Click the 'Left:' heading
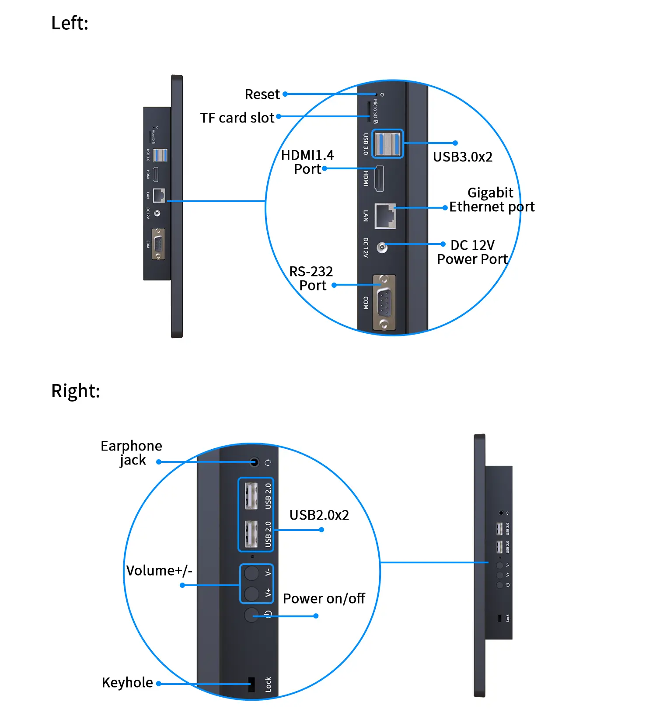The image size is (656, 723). (70, 23)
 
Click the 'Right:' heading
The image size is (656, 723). (75, 391)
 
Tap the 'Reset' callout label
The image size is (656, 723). (262, 94)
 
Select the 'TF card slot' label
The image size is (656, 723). (237, 118)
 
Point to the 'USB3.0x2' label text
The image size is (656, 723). (462, 157)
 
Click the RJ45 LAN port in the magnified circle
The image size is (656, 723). (385, 216)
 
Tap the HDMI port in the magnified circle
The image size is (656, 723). (379, 178)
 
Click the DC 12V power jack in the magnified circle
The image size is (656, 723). (382, 248)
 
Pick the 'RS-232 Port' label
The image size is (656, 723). (311, 279)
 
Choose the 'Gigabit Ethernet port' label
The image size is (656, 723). (492, 200)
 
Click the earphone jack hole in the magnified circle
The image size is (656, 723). (255, 462)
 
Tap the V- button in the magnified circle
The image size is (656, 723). (251, 573)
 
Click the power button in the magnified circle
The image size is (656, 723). (251, 615)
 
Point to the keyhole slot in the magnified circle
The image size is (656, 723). (251, 685)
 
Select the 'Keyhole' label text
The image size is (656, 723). (127, 683)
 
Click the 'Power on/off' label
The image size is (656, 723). (324, 599)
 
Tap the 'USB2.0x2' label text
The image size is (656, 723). (319, 515)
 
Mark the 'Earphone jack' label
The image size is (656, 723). (131, 453)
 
